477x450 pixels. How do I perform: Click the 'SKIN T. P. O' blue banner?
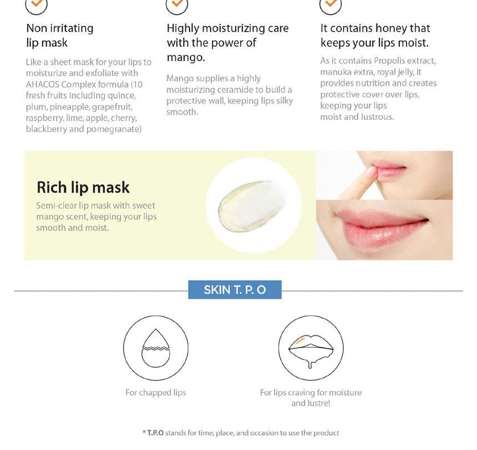click(x=235, y=290)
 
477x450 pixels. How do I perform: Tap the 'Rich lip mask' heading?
click(x=83, y=188)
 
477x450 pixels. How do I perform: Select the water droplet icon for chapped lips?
click(x=156, y=348)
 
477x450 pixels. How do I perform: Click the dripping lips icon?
click(x=311, y=348)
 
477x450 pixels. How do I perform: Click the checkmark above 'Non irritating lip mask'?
click(x=37, y=4)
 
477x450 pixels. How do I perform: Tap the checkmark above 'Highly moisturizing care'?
click(x=177, y=4)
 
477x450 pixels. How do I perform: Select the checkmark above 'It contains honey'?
click(x=331, y=4)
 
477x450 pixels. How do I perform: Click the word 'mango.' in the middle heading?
click(x=186, y=57)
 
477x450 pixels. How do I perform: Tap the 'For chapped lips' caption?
click(x=155, y=393)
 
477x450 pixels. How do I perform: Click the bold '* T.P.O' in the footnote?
click(x=153, y=433)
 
